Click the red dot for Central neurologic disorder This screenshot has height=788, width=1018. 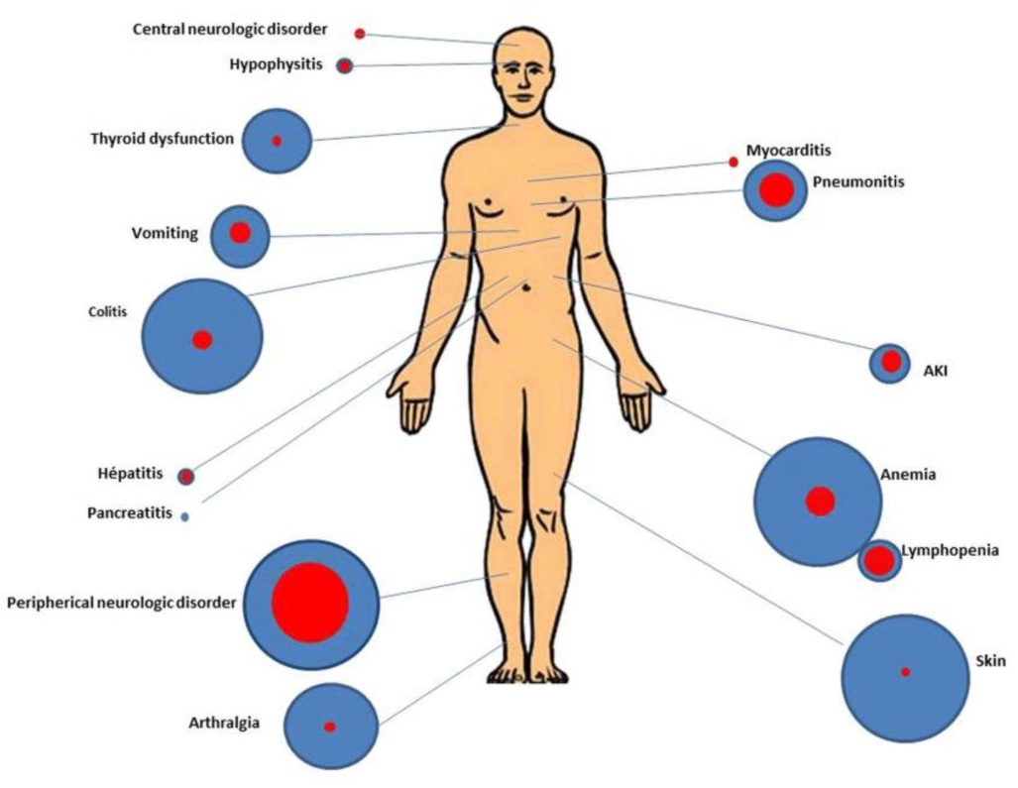pyautogui.click(x=360, y=34)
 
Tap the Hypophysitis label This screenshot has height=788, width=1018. pyautogui.click(x=276, y=64)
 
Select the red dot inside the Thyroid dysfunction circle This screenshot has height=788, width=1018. pyautogui.click(x=277, y=141)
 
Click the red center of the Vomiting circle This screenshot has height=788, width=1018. pyautogui.click(x=240, y=233)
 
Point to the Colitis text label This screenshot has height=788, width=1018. pyautogui.click(x=108, y=311)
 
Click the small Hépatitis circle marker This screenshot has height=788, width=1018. pyautogui.click(x=186, y=477)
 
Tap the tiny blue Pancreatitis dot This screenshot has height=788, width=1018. pyautogui.click(x=185, y=516)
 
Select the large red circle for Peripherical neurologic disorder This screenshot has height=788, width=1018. pyautogui.click(x=310, y=603)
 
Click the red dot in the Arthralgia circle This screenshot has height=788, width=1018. pyautogui.click(x=330, y=727)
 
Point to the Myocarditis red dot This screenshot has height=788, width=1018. pyautogui.click(x=734, y=162)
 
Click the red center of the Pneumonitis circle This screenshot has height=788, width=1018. pyautogui.click(x=776, y=190)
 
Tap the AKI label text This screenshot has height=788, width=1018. pyautogui.click(x=935, y=371)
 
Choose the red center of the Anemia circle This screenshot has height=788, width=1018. pyautogui.click(x=820, y=502)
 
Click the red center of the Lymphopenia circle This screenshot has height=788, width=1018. pyautogui.click(x=880, y=561)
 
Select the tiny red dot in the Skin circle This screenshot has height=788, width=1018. pyautogui.click(x=906, y=672)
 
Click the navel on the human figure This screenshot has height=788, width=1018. pyautogui.click(x=526, y=285)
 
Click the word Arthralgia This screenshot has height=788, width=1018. pyautogui.click(x=224, y=723)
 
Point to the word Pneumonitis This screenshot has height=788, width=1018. pyautogui.click(x=858, y=181)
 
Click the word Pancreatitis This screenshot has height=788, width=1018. pyautogui.click(x=130, y=512)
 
